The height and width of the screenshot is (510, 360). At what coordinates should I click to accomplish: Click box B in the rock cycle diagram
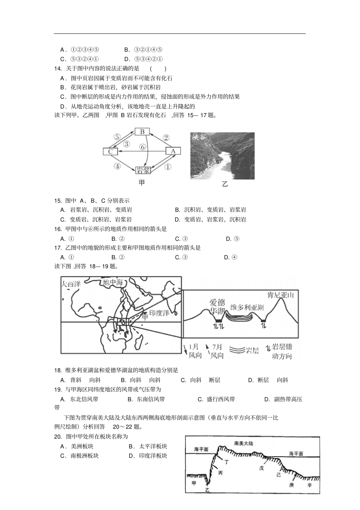tap(142, 132)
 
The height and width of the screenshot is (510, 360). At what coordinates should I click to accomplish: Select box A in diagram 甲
tap(173, 151)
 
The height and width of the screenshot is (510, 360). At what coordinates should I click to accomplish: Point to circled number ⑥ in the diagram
tap(142, 147)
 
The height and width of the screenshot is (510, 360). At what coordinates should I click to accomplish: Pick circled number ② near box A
tap(166, 138)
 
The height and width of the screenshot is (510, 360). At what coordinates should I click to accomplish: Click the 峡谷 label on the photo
tap(199, 137)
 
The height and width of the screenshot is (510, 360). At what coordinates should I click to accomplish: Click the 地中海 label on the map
tap(113, 282)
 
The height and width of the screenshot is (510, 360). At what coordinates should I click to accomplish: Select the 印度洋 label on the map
tap(159, 313)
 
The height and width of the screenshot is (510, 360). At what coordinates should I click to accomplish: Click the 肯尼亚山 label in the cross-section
tap(280, 295)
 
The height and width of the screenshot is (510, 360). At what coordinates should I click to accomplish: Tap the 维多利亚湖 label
tap(247, 307)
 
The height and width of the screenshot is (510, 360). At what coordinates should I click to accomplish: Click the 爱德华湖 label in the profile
tap(217, 307)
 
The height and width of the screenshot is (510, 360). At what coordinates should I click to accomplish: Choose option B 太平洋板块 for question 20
tap(148, 446)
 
